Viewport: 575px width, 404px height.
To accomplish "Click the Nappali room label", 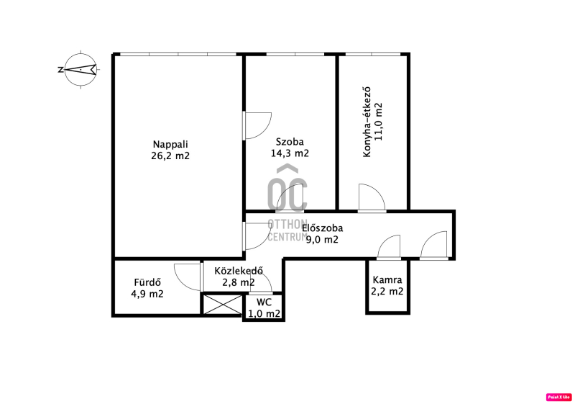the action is click(x=170, y=144).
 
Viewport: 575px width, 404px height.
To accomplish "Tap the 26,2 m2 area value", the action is click(x=170, y=156).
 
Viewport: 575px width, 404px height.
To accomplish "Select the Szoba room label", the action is click(x=290, y=142).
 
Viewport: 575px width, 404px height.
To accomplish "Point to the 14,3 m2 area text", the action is click(x=290, y=153).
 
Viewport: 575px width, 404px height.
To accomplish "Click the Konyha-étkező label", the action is click(x=367, y=122).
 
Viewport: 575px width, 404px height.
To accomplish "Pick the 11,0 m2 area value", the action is click(x=379, y=122).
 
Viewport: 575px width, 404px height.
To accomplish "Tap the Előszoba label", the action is click(x=322, y=228).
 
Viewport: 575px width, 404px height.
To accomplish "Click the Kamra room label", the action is click(x=387, y=280).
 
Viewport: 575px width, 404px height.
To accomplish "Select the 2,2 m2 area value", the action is click(x=387, y=292).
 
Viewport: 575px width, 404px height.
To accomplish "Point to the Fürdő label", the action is click(x=147, y=282).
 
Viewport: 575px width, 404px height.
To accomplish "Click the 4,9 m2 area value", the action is click(x=147, y=294).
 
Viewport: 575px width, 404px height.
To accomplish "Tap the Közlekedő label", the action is click(x=239, y=271).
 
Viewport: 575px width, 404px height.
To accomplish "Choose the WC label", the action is click(x=264, y=302).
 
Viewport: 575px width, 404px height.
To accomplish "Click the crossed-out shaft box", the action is click(x=223, y=305).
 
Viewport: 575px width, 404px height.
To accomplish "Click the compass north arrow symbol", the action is click(x=80, y=69).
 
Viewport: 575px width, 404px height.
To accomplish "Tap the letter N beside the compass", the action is click(x=60, y=70).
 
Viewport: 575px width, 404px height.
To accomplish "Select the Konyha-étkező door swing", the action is click(x=372, y=197).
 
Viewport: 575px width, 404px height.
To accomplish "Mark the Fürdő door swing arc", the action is click(x=188, y=277).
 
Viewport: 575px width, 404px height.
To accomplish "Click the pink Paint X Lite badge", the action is click(x=559, y=397).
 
